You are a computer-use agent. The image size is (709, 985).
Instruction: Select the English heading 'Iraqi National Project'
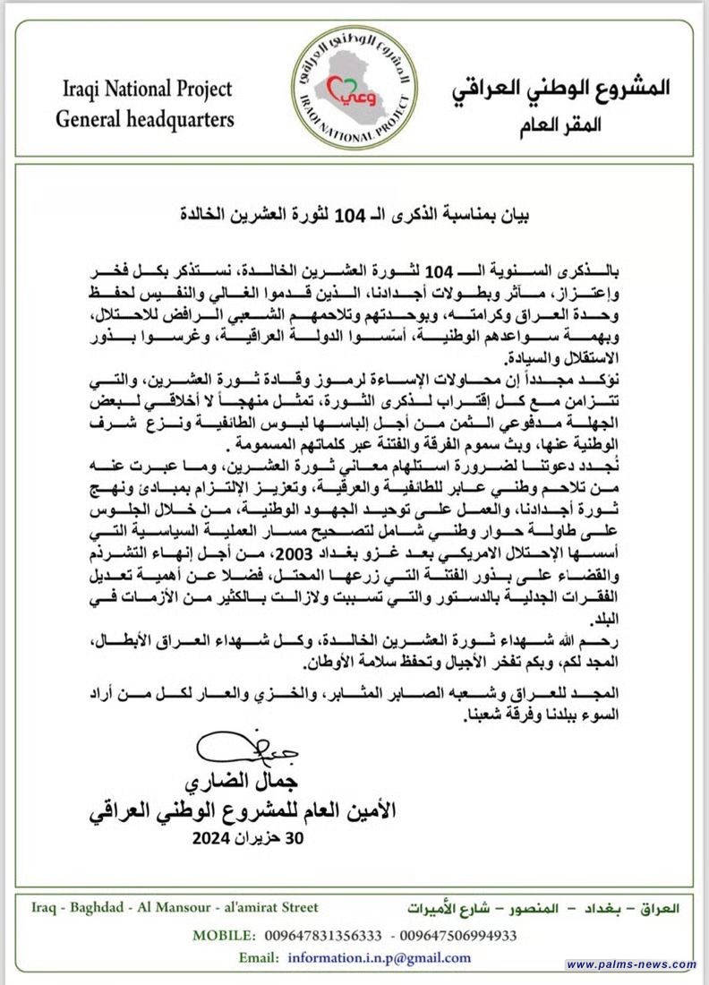[148, 90]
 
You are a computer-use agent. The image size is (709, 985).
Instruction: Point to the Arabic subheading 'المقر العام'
[562, 124]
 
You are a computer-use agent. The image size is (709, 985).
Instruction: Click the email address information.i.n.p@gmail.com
[379, 957]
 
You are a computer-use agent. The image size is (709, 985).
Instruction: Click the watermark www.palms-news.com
[631, 964]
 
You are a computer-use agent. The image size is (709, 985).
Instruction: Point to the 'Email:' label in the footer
[260, 957]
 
